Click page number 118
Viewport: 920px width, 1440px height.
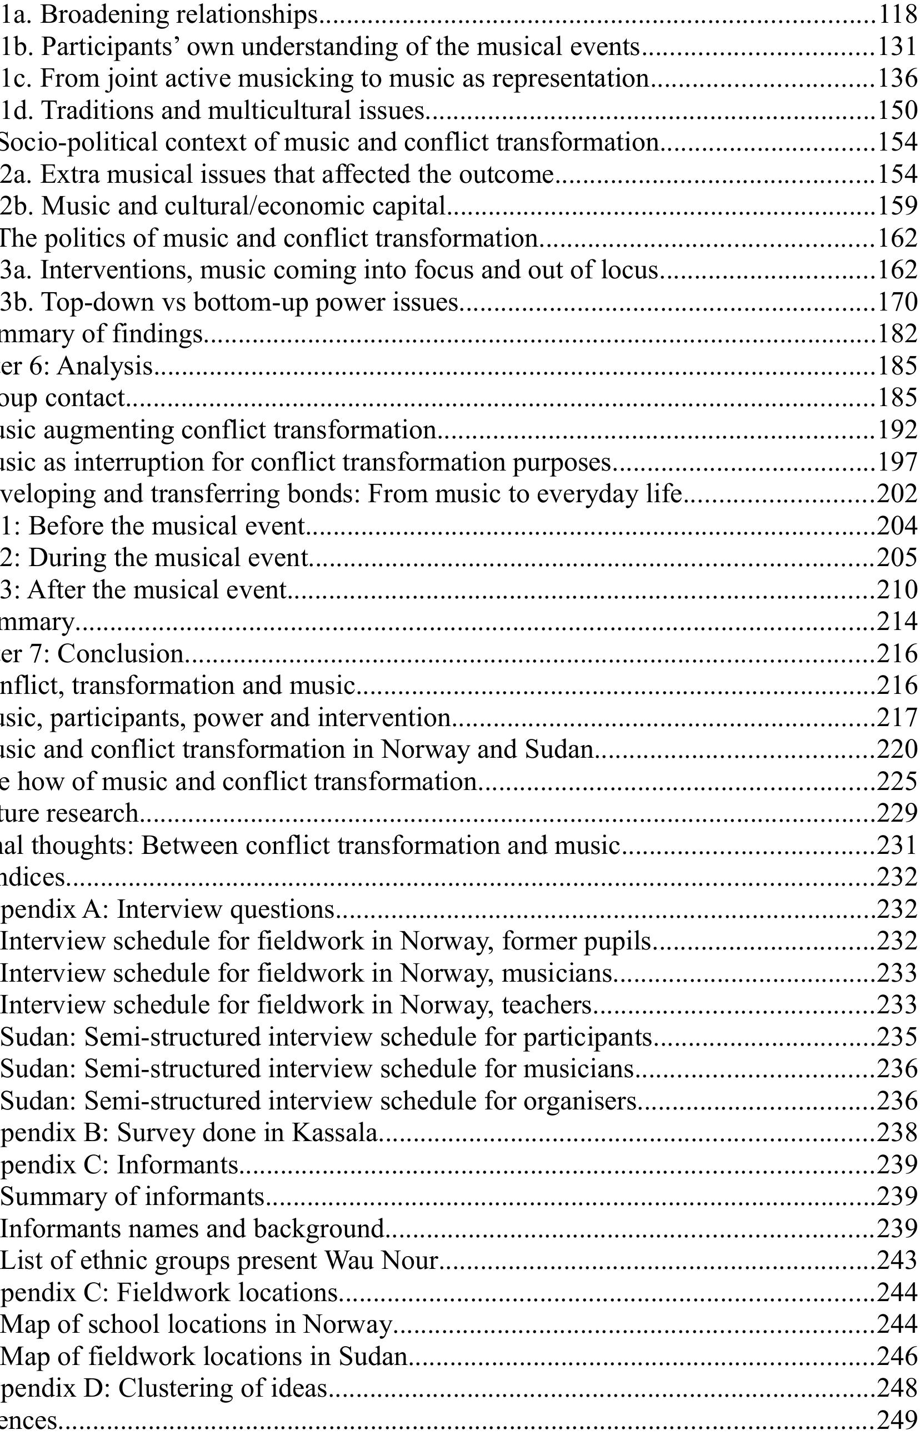(898, 14)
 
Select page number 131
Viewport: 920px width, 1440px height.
(898, 46)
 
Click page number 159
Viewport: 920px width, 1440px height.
(898, 206)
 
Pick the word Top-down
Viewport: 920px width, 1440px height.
(96, 302)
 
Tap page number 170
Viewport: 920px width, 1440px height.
(898, 302)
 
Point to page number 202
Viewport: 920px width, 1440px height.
(897, 494)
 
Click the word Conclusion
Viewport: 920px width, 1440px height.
(121, 654)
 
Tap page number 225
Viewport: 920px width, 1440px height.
(897, 782)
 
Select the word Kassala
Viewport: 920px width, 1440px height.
(335, 1133)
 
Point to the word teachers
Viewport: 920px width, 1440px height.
(547, 1004)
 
